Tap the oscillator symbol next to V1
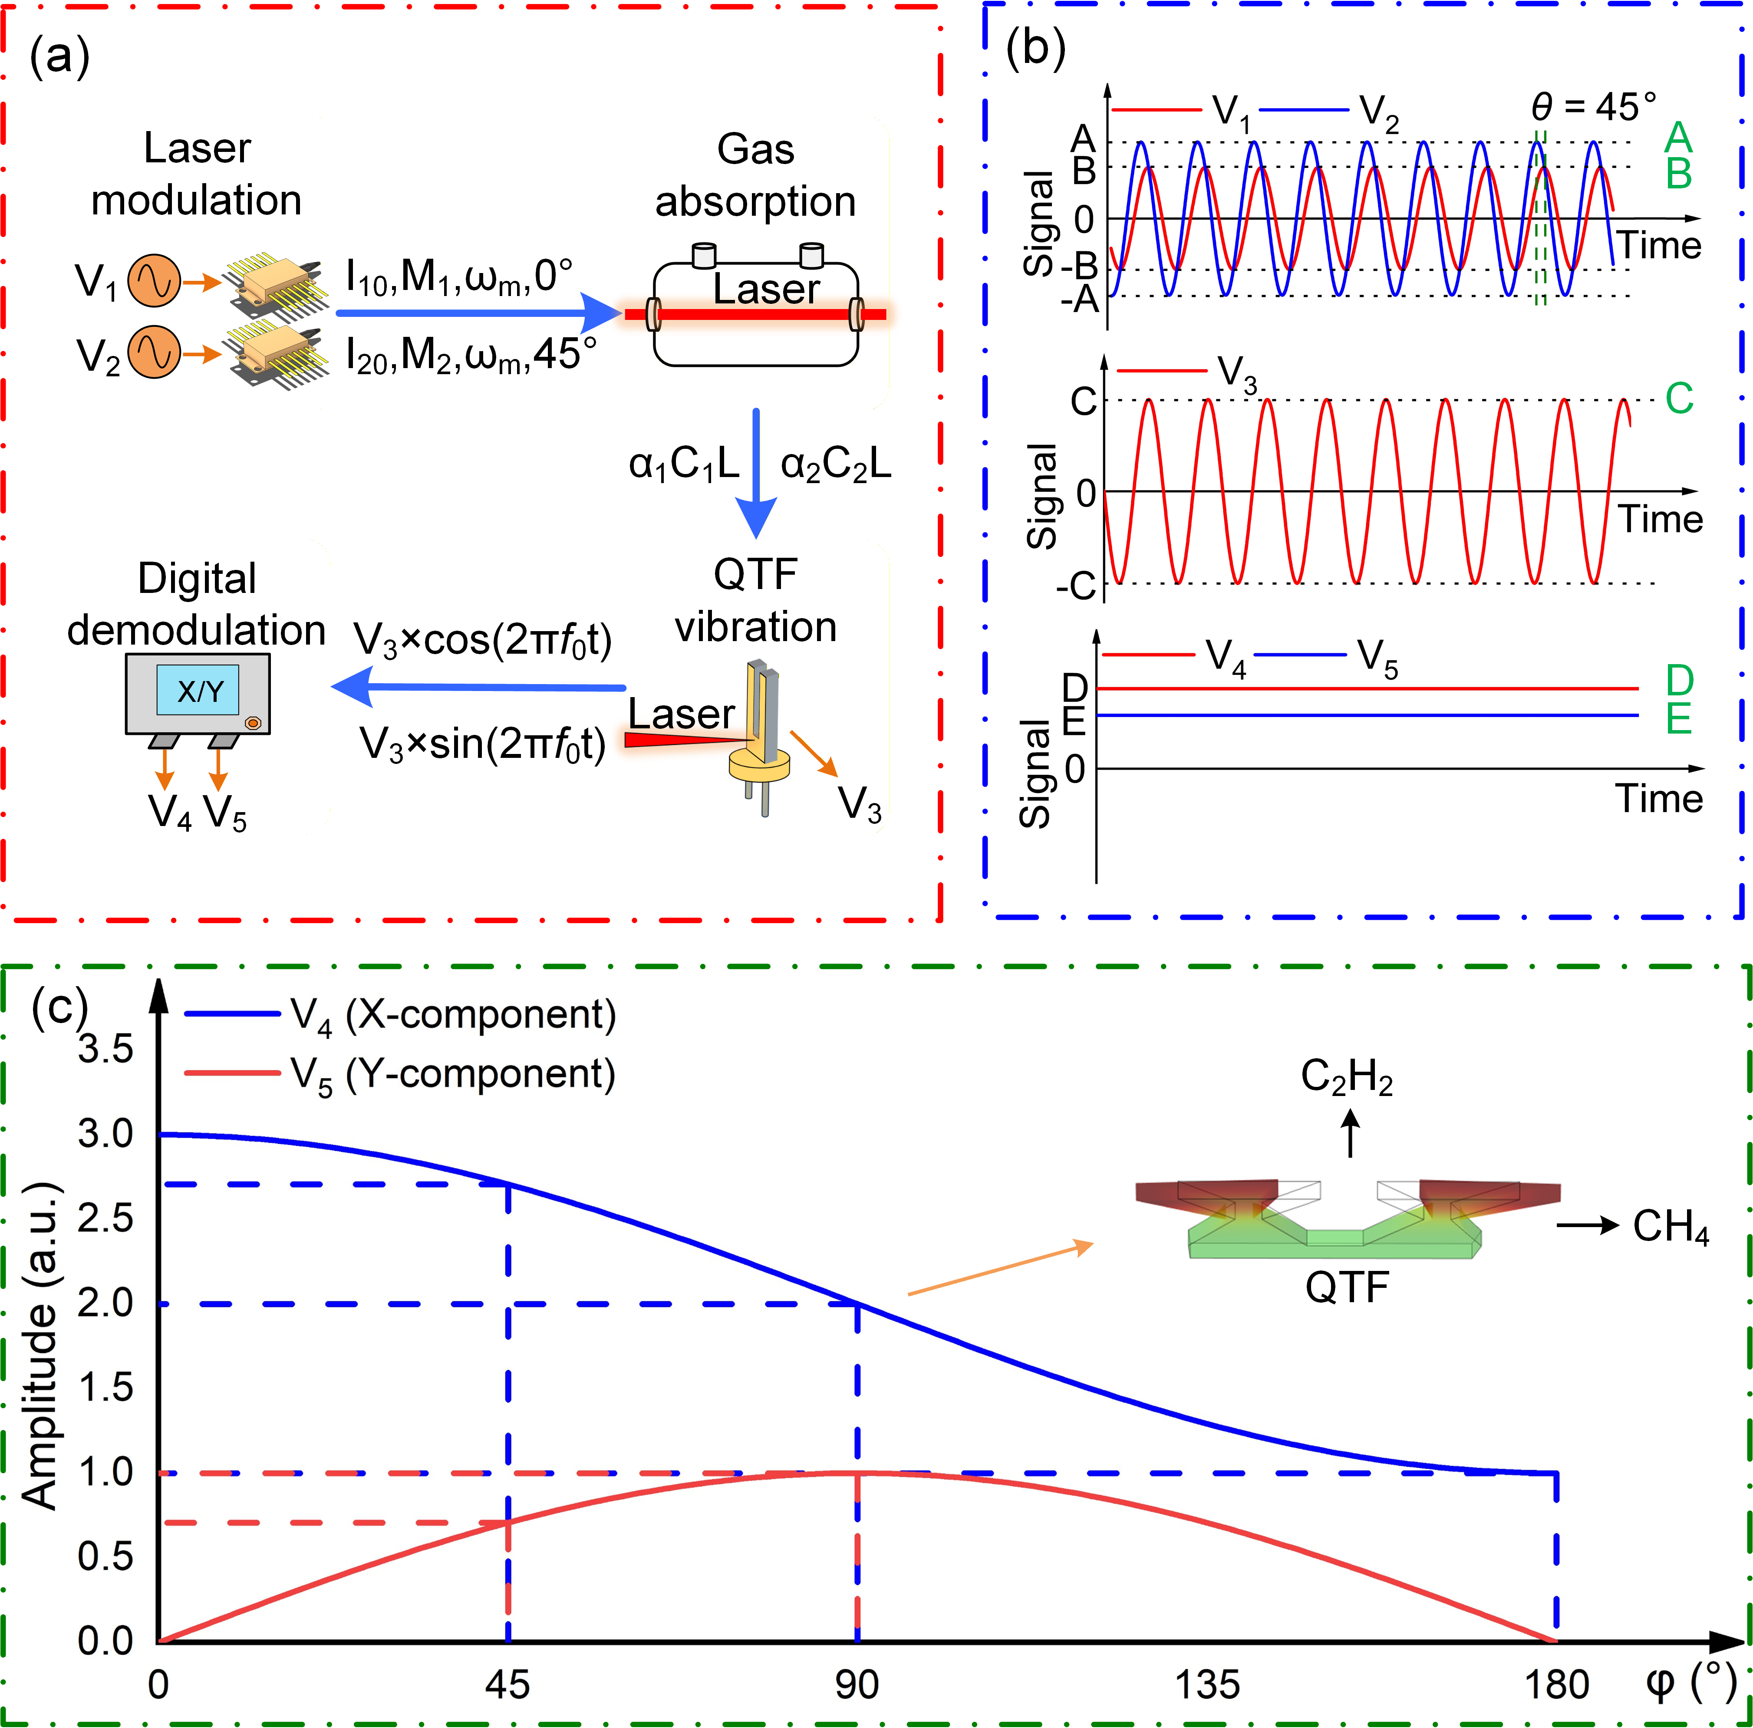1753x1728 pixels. pos(154,281)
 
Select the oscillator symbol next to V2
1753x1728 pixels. pos(154,353)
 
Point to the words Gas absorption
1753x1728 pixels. pos(756,175)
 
